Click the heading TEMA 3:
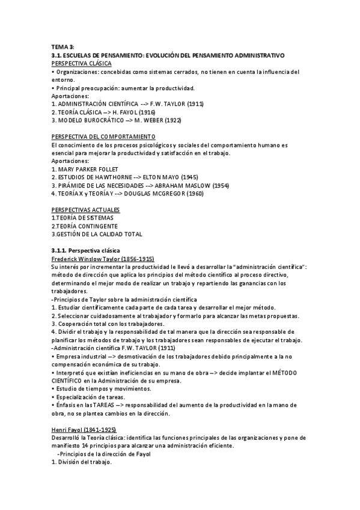point(63,47)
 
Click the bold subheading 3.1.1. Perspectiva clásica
point(86,250)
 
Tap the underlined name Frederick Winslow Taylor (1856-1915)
point(103,258)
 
